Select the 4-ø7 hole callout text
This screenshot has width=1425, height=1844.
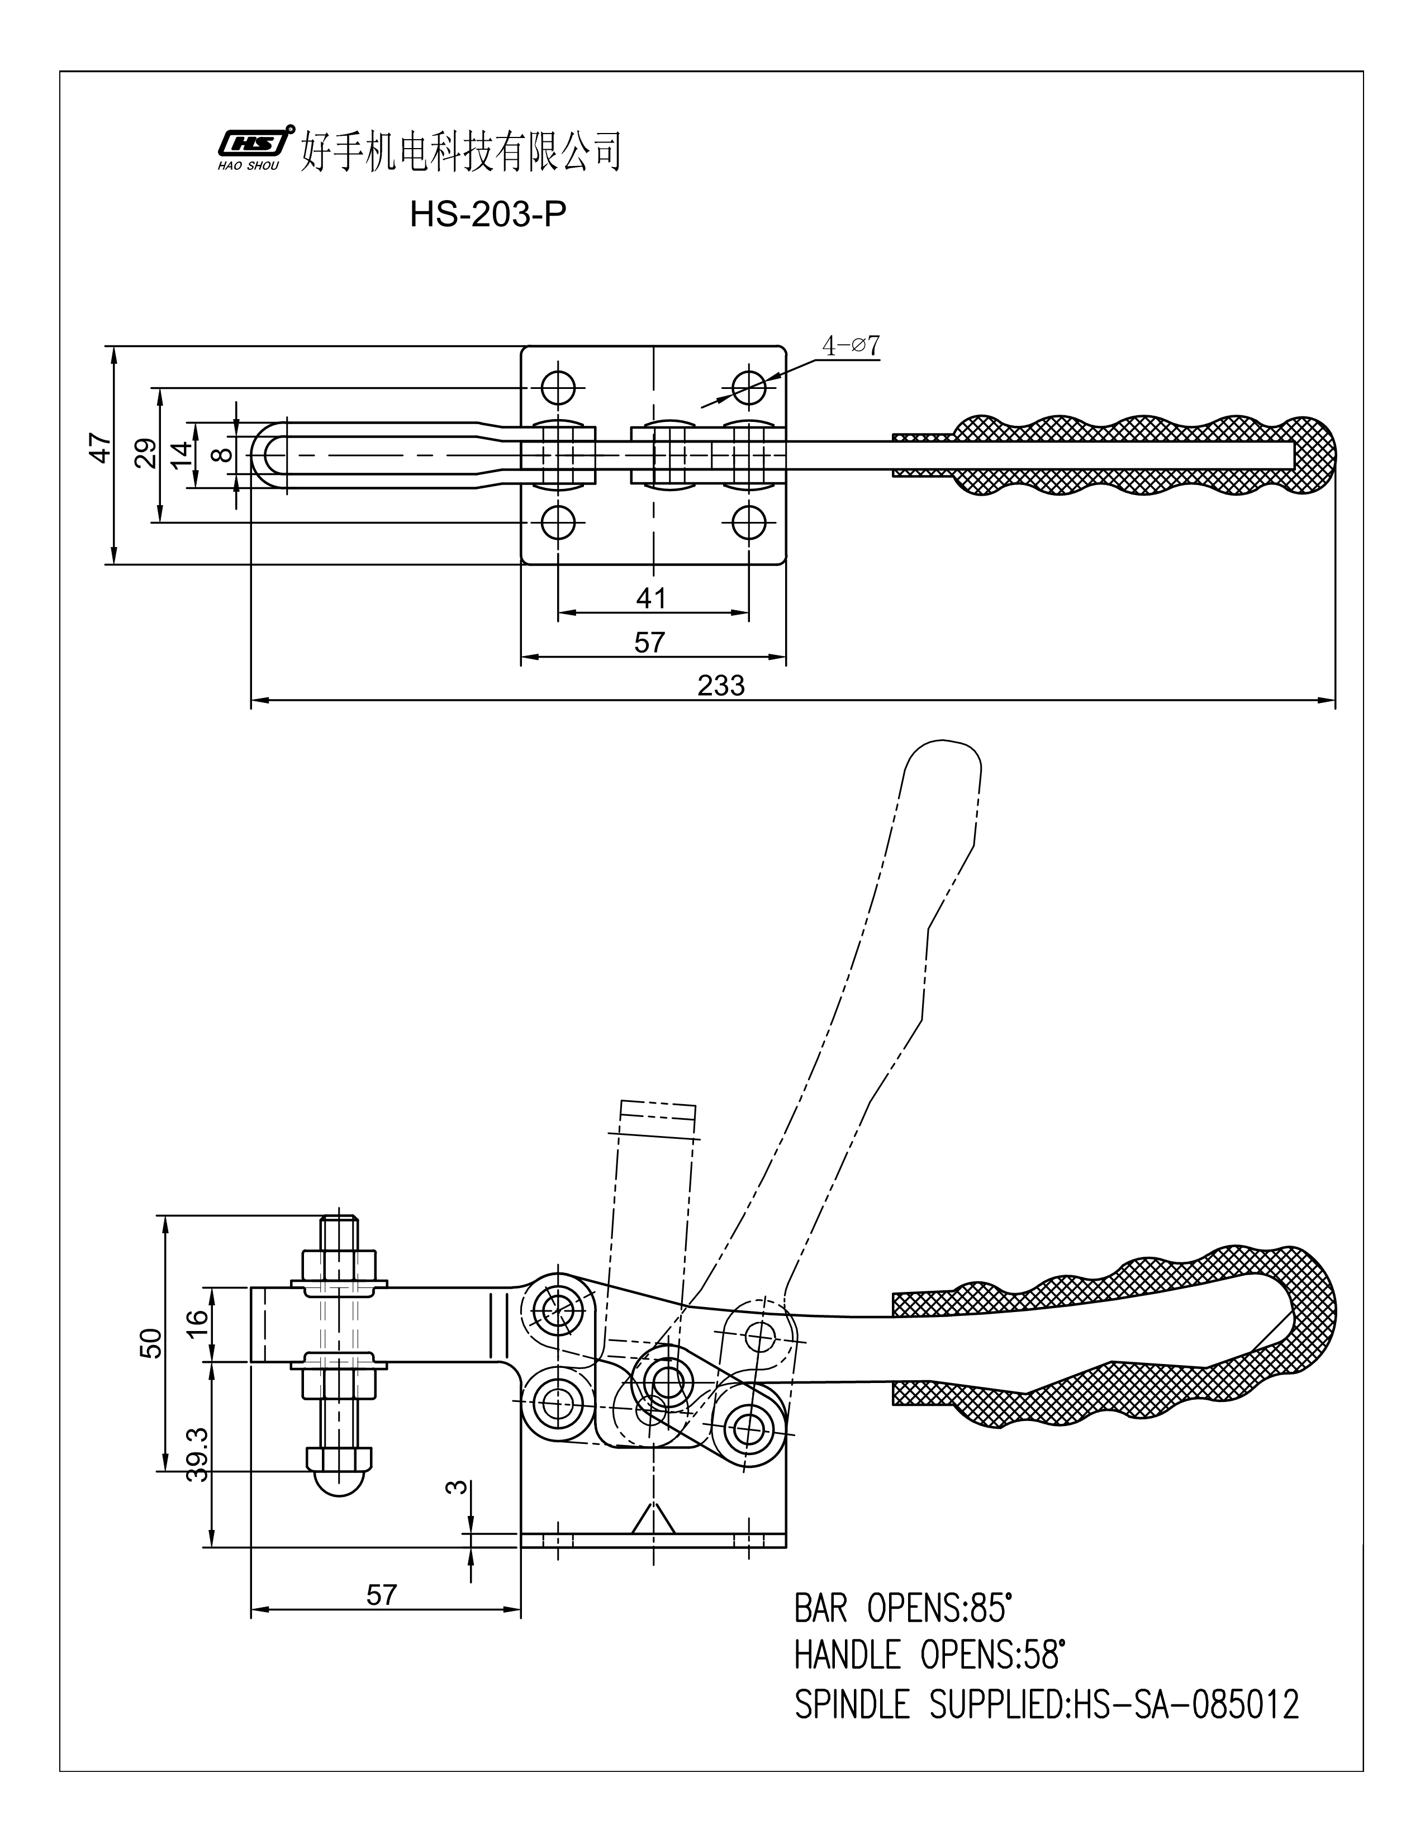(851, 345)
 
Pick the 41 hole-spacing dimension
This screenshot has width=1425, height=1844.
(651, 598)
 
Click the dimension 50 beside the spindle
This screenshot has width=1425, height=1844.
(149, 1342)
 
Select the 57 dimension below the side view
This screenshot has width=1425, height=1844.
(382, 1595)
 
